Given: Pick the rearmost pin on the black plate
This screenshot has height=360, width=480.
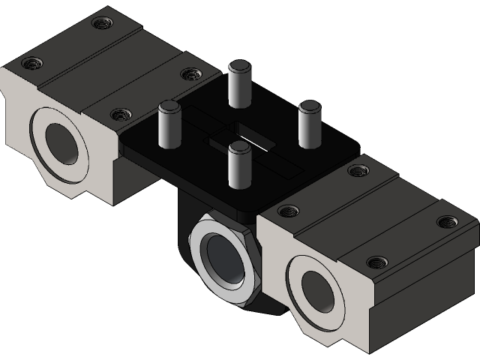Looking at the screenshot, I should (238, 82).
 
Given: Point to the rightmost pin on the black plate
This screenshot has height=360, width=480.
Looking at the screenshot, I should (309, 124).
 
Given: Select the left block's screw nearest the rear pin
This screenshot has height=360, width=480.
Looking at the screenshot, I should (189, 73).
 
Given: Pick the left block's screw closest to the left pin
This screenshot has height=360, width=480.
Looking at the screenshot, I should (118, 115).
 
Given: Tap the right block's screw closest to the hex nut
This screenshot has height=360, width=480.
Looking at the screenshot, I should (286, 211).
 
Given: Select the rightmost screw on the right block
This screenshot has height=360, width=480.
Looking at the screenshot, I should (448, 222).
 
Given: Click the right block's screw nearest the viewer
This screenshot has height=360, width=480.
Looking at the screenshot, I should (376, 262).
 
